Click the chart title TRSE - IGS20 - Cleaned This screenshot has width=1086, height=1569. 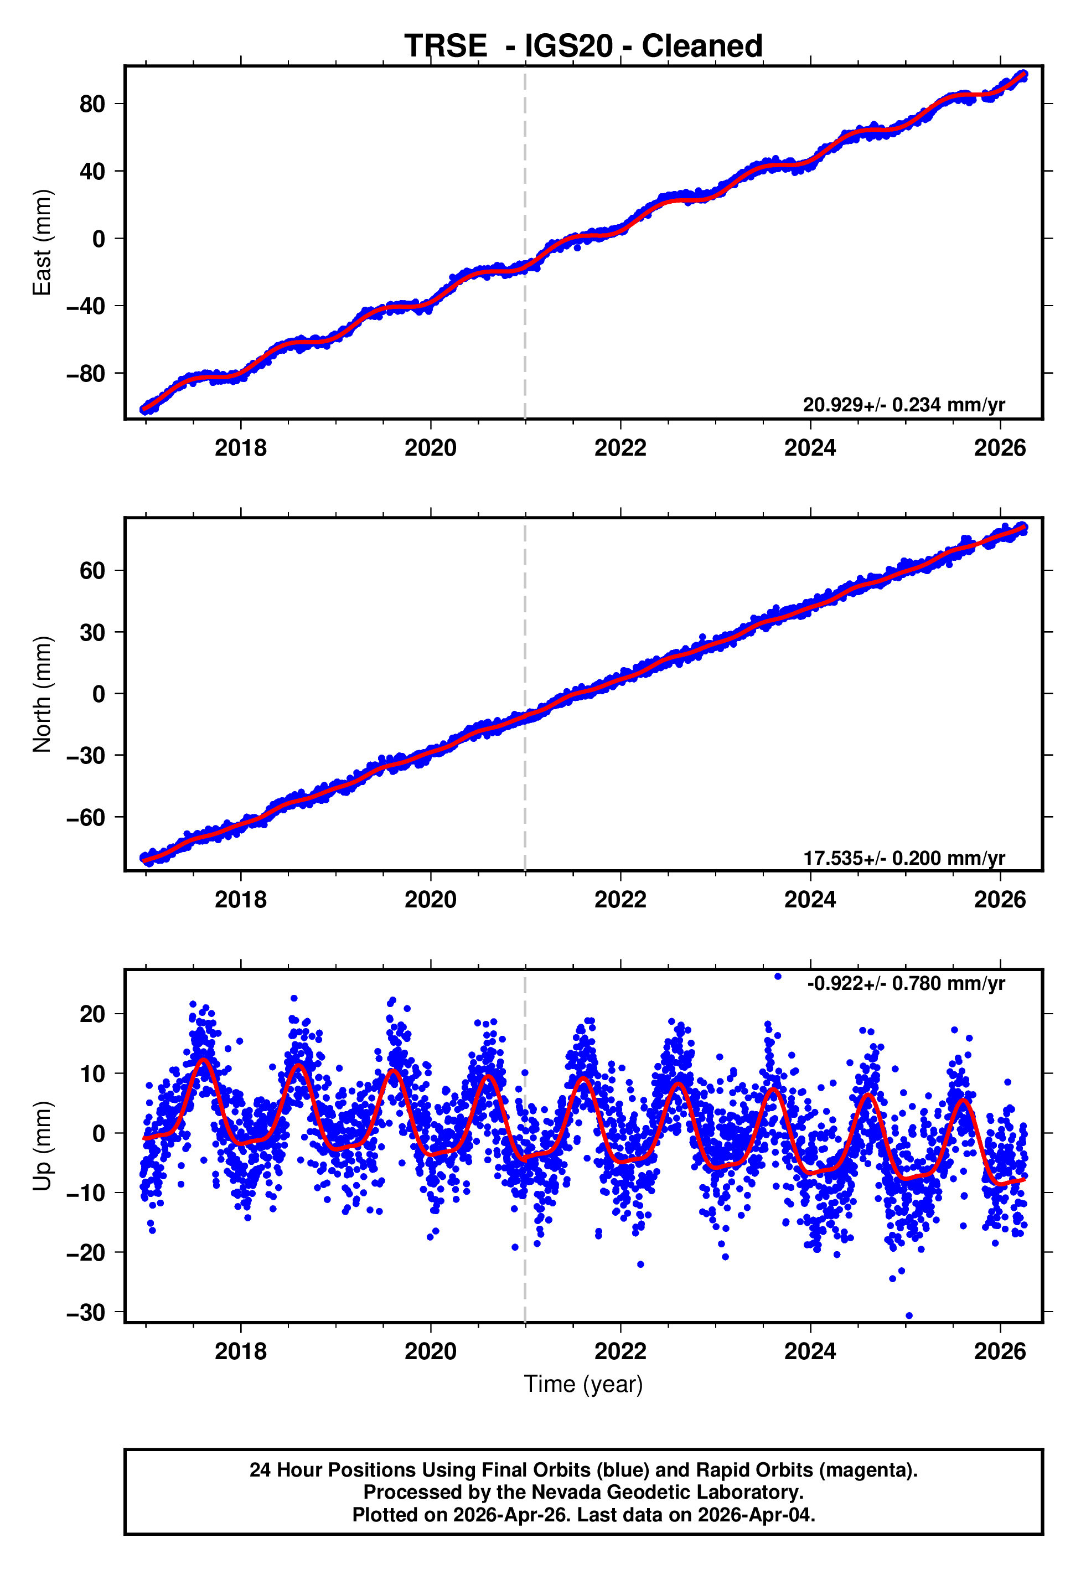[583, 47]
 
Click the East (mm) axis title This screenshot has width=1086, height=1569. [42, 242]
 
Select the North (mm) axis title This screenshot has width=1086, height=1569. [42, 694]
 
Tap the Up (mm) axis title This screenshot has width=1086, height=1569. [42, 1146]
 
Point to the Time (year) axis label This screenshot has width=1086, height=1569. [583, 1385]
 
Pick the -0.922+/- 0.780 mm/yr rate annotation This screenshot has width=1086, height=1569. [905, 983]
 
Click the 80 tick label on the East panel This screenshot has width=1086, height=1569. [92, 104]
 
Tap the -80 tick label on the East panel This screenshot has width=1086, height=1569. [86, 374]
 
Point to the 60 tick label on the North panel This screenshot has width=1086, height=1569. [92, 571]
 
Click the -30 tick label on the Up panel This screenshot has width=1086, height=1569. [86, 1313]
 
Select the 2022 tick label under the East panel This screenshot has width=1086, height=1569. [620, 448]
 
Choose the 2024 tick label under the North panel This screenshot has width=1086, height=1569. [810, 900]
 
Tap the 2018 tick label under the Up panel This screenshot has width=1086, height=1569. [240, 1351]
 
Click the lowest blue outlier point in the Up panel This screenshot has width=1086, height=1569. [909, 1316]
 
